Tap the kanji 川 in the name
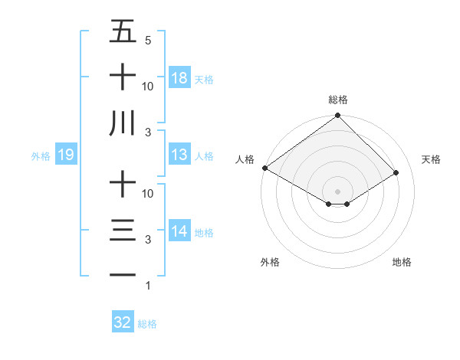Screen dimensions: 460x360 click(x=123, y=123)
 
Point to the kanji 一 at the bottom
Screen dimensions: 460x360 click(x=123, y=275)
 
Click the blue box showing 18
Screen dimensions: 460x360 click(x=179, y=78)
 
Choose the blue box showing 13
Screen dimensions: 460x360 click(x=179, y=155)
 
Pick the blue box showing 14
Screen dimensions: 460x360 click(x=179, y=232)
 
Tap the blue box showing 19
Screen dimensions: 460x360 click(x=66, y=155)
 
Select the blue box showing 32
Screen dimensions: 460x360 click(x=123, y=322)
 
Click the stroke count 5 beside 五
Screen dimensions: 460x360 click(x=148, y=40)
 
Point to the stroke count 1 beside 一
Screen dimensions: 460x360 click(x=148, y=286)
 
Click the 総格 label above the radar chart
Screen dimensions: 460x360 click(x=338, y=100)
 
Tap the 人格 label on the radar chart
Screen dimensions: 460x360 click(x=245, y=159)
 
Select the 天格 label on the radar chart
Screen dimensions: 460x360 click(x=432, y=159)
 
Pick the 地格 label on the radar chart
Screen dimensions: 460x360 click(x=402, y=262)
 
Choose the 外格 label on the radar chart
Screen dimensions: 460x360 click(x=270, y=262)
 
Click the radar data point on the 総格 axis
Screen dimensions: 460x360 click(x=338, y=116)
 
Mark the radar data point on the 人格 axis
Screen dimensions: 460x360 click(x=264, y=167)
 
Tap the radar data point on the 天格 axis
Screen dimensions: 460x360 click(x=396, y=172)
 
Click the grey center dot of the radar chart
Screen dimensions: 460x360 click(x=338, y=191)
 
